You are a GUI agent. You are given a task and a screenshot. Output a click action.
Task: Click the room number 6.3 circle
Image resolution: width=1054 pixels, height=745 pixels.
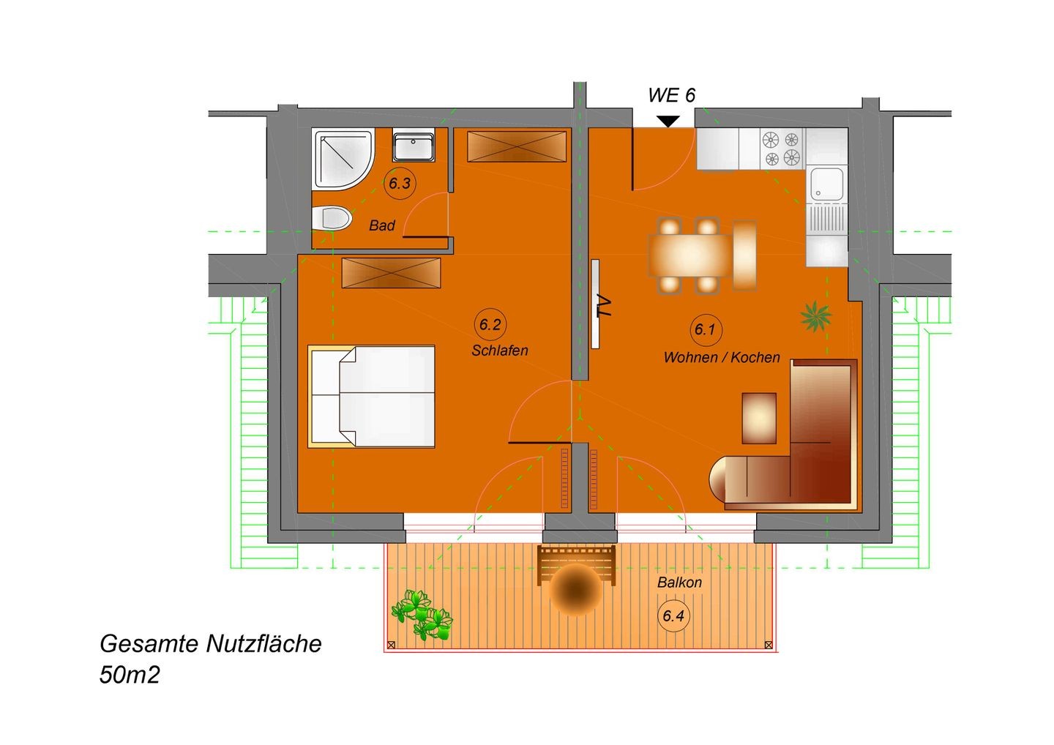[x=400, y=183]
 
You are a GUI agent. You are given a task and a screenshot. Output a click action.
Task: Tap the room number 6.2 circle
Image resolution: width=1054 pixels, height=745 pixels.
[x=490, y=324]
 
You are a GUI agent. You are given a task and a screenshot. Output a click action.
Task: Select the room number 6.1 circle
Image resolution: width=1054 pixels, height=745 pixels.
[x=706, y=330]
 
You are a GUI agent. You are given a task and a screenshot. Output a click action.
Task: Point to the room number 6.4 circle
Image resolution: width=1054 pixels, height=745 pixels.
[x=673, y=615]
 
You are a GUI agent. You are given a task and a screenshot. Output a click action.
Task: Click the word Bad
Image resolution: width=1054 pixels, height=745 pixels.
[x=381, y=225]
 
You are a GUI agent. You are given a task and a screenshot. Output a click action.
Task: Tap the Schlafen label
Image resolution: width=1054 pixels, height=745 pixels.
[x=500, y=351]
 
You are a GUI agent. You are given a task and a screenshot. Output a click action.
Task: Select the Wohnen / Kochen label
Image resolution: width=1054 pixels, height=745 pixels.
[x=722, y=357]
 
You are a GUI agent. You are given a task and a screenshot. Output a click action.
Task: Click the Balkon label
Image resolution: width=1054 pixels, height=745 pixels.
[x=679, y=583]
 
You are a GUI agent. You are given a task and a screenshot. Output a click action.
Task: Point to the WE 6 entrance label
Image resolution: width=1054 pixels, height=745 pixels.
[x=671, y=95]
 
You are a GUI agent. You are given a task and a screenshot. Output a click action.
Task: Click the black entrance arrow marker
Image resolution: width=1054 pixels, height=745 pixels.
[x=668, y=121]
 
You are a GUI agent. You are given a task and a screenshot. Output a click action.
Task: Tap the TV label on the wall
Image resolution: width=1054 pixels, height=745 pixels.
[x=604, y=306]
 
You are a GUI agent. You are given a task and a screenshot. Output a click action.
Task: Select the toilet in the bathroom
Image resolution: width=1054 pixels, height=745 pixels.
[x=332, y=218]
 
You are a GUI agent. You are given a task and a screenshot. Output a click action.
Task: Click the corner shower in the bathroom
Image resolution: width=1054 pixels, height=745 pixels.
[x=343, y=159]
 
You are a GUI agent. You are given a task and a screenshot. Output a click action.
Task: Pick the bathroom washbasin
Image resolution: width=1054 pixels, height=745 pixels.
[x=414, y=147]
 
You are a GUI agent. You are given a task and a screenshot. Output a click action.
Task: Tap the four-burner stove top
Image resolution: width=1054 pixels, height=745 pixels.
[x=782, y=149]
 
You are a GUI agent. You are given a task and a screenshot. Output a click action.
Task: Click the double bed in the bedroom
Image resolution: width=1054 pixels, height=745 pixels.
[x=371, y=397]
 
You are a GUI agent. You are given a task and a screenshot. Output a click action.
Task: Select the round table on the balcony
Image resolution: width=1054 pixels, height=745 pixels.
[x=575, y=589]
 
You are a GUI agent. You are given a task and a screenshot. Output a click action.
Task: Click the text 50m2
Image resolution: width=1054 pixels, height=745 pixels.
[x=130, y=675]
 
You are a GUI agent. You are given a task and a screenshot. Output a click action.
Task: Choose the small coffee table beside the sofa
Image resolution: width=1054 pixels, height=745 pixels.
[x=759, y=418]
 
